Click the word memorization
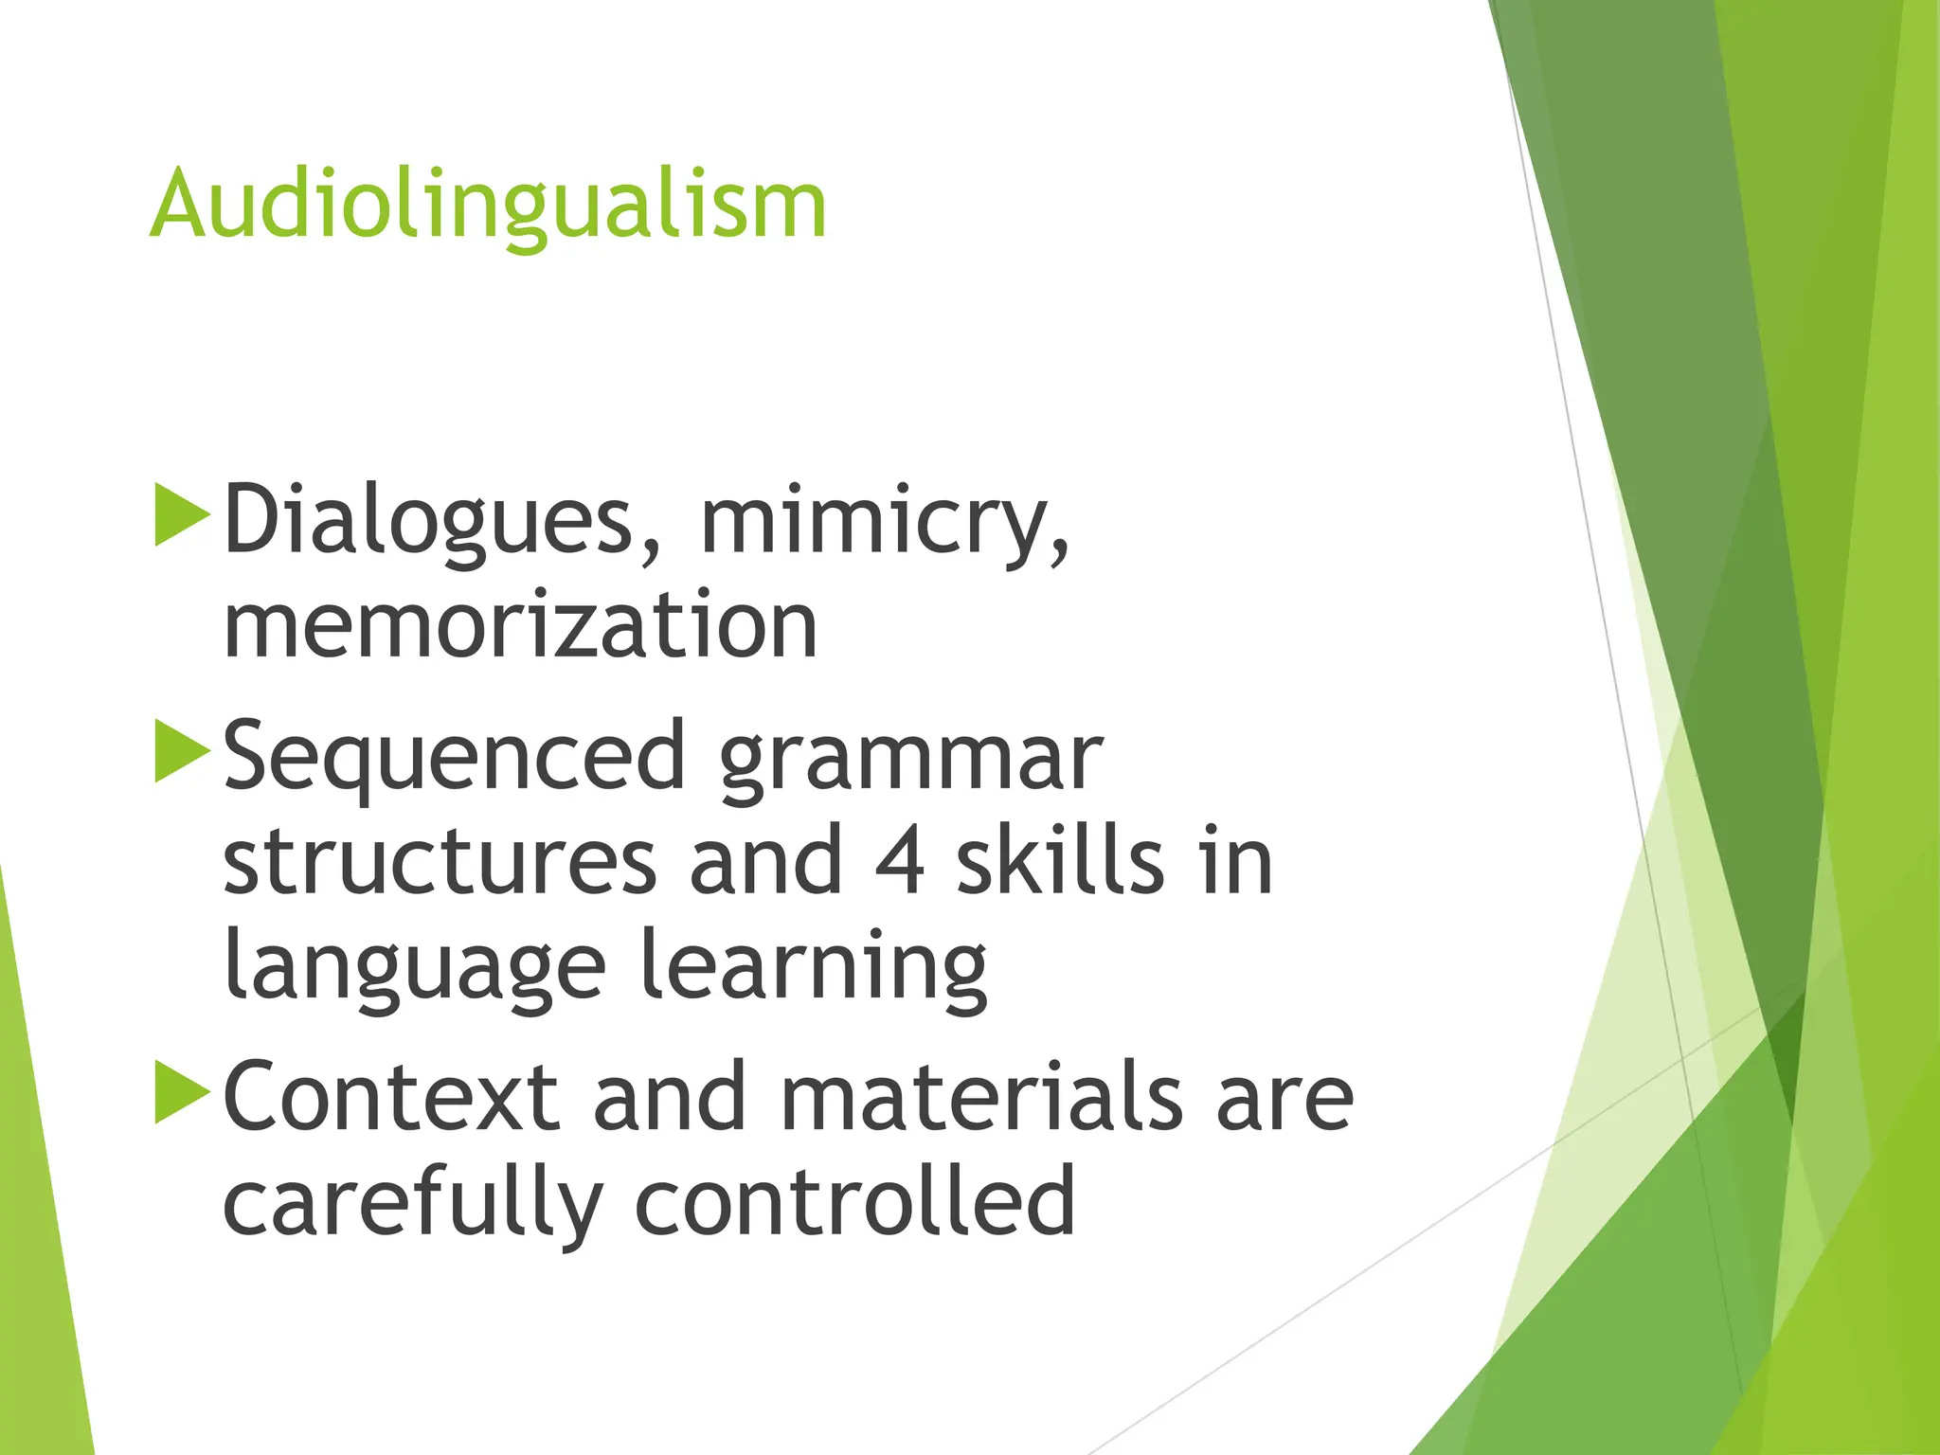tap(520, 625)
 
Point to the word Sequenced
tap(454, 758)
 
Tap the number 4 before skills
tap(899, 861)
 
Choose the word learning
tap(814, 966)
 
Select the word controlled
tap(854, 1202)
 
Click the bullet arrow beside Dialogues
tap(181, 515)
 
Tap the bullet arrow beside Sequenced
tap(181, 752)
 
